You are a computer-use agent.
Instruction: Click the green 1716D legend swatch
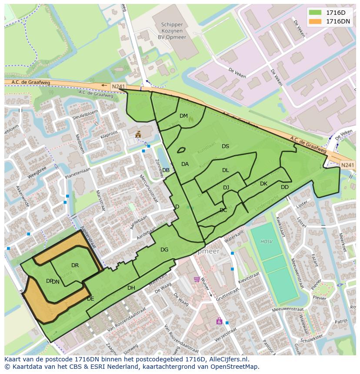(316, 13)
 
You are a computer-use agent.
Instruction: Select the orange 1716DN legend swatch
(316, 21)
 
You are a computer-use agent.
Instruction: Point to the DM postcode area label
(183, 116)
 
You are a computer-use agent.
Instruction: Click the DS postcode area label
(225, 146)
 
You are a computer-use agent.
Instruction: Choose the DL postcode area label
(225, 170)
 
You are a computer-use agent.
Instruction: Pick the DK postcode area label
(263, 184)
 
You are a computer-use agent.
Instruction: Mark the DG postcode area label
(164, 250)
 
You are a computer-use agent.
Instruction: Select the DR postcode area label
(75, 265)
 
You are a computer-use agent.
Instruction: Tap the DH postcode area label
(131, 288)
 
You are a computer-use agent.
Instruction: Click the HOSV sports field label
(266, 242)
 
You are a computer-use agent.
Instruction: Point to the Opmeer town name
(206, 252)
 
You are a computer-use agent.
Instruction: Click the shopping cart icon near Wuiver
(197, 279)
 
